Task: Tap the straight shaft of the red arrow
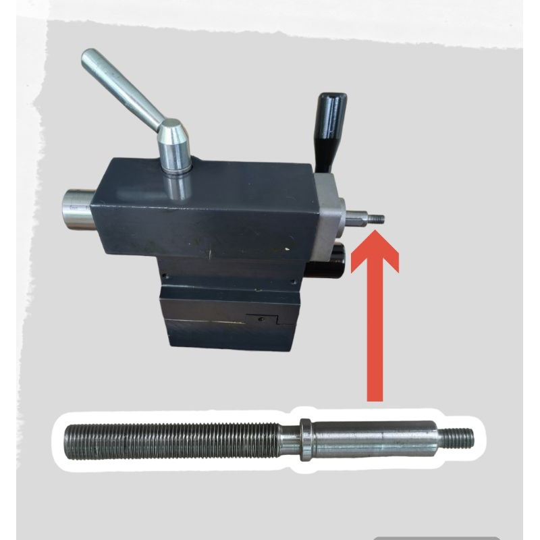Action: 375,337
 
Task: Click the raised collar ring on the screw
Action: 305,439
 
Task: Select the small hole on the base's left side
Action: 164,275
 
